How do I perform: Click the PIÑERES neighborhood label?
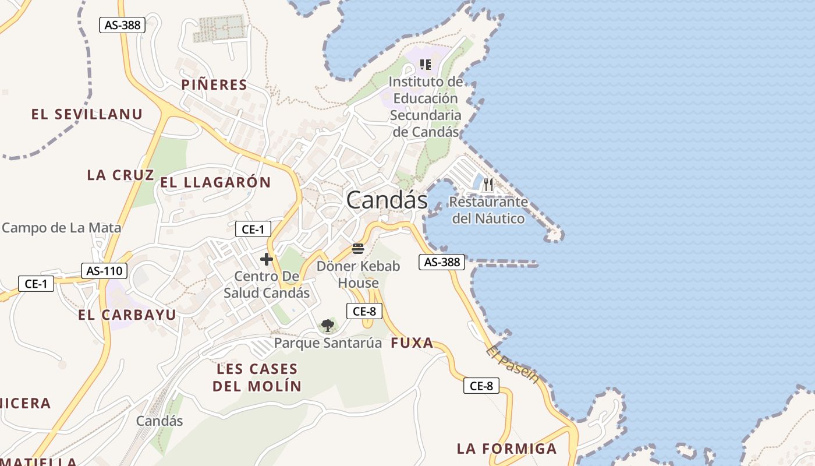214,85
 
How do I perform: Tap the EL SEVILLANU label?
87,114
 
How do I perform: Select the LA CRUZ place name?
121,175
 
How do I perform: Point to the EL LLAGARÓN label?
215,182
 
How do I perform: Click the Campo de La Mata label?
61,228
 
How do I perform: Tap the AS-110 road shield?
104,270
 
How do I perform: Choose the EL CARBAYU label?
127,315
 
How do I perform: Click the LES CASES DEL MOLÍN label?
257,377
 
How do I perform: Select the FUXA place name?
412,343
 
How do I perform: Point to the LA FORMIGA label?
506,449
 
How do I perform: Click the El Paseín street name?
512,365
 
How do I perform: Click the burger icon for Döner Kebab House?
358,249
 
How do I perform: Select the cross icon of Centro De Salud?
267,259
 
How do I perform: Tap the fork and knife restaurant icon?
488,185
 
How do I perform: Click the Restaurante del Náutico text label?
488,210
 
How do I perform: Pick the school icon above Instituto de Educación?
426,64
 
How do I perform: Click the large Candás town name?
387,200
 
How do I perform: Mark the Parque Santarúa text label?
328,343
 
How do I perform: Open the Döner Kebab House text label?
359,274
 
